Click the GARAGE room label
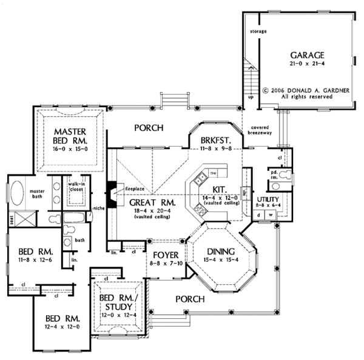306,54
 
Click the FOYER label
164,255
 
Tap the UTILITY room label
267,198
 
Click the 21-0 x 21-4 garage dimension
306,63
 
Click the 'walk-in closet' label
75,186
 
